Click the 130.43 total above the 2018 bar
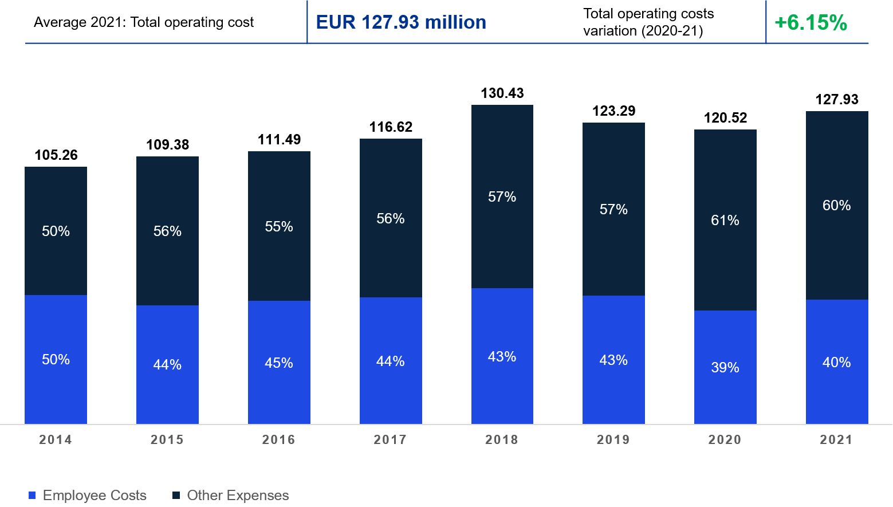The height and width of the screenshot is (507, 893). pos(502,93)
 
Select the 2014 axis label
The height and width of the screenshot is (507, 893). pos(56,439)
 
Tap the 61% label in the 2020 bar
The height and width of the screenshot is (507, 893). pos(725,221)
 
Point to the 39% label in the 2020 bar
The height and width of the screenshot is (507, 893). pos(725,367)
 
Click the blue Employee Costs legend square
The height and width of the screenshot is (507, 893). pos(32,496)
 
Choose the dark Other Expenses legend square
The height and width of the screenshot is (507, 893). pos(176,496)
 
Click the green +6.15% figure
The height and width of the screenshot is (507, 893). pos(811,23)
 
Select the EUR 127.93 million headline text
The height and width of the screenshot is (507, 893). pos(401,22)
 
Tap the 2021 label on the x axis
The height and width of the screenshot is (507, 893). pos(836,439)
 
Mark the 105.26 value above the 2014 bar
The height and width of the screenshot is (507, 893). pos(56,155)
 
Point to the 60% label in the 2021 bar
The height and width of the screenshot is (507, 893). pos(836,206)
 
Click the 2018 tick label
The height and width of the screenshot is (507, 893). pos(502,439)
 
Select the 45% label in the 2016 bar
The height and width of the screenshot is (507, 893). pos(279,363)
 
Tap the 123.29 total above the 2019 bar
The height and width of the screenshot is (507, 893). pos(613,111)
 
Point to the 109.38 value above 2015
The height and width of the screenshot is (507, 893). pos(167,145)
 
